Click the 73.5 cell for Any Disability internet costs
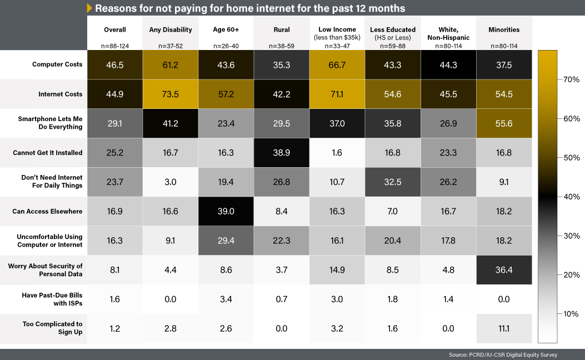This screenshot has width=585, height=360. (x=170, y=94)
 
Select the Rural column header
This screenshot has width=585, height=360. (x=281, y=29)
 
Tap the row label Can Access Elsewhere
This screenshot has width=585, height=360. (x=47, y=211)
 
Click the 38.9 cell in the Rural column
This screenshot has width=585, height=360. (x=281, y=153)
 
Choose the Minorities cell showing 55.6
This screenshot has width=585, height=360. (x=504, y=123)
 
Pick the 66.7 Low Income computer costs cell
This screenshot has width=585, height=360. (x=337, y=64)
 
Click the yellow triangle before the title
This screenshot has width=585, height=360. (x=89, y=8)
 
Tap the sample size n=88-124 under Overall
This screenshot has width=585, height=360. (x=115, y=46)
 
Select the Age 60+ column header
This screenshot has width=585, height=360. (x=226, y=29)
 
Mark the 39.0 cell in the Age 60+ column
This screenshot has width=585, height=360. (x=226, y=211)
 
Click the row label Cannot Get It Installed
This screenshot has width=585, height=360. (x=48, y=153)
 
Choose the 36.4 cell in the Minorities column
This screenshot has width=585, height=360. (x=504, y=269)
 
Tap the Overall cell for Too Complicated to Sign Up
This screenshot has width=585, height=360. (x=115, y=328)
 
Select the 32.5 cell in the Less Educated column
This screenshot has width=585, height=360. (x=392, y=182)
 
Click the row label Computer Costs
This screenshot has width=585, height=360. (x=57, y=64)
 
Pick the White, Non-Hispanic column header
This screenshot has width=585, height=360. (x=448, y=33)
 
